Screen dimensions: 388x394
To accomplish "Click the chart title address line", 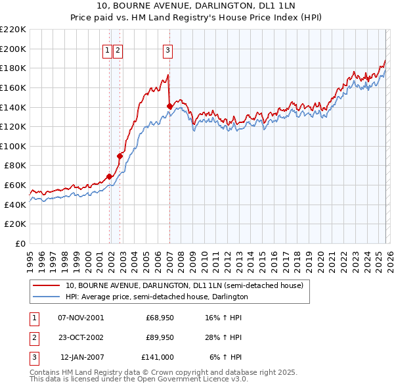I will point(196,7).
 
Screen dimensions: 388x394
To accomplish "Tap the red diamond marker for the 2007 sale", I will point(169,106).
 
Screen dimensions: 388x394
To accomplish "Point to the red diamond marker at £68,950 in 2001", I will point(109,176).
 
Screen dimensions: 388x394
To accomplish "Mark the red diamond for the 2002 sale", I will point(120,156).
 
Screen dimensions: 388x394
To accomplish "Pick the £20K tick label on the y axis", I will point(16,224).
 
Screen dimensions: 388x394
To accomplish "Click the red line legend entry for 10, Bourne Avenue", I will point(184,286).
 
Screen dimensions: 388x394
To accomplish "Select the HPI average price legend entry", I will point(156,297).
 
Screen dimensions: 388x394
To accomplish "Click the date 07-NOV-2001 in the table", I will point(81,318).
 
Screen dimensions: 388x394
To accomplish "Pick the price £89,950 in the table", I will point(160,337).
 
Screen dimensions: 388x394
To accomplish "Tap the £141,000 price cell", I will point(158,357).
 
